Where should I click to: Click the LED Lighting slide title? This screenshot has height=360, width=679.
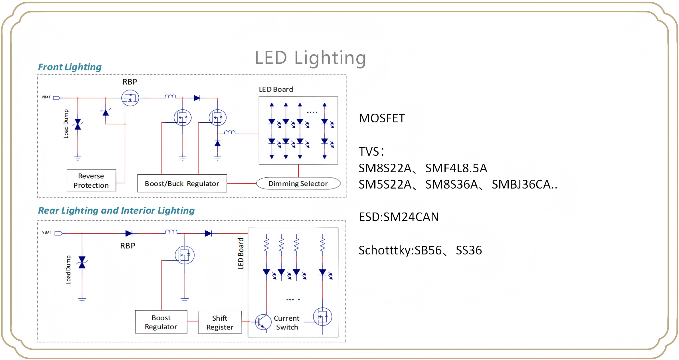click(x=310, y=58)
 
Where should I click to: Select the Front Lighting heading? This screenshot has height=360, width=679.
click(x=70, y=67)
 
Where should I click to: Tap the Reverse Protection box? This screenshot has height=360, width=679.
click(x=91, y=180)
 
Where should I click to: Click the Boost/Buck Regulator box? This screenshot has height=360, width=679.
click(x=182, y=183)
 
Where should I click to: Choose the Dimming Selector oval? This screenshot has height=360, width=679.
click(x=298, y=183)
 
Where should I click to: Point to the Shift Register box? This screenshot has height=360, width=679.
click(x=220, y=322)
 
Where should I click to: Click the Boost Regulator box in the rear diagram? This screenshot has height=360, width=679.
click(x=161, y=322)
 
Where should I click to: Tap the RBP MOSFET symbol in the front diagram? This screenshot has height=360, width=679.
click(x=130, y=98)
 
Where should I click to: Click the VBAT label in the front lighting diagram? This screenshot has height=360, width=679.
click(x=46, y=97)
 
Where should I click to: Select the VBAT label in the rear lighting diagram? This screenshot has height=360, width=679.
click(x=47, y=232)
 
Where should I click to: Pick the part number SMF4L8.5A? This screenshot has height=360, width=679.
click(x=456, y=168)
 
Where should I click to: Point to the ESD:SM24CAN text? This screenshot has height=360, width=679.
click(x=399, y=217)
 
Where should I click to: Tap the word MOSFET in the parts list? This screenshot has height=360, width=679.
click(x=382, y=118)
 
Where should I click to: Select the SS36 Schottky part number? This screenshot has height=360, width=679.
click(x=469, y=250)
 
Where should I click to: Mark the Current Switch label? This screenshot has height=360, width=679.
click(x=287, y=323)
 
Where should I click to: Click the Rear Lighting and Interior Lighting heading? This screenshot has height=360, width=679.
click(x=116, y=211)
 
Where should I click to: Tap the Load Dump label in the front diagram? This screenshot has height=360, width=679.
click(x=66, y=124)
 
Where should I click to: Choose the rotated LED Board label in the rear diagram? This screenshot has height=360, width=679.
click(x=241, y=254)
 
